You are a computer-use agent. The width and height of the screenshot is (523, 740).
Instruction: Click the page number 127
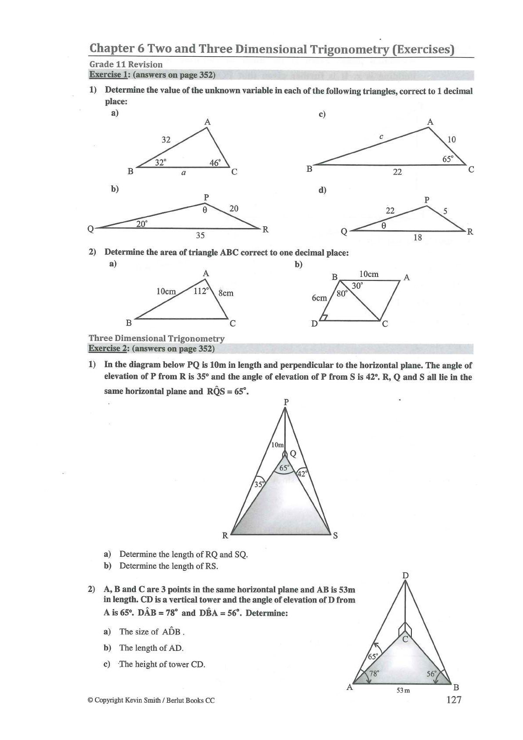(x=454, y=700)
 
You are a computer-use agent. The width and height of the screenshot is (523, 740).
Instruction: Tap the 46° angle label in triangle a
(x=215, y=163)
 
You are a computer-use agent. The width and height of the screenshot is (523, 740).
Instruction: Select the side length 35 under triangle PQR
(x=200, y=236)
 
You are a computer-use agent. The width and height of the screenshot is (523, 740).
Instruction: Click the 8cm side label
(x=226, y=293)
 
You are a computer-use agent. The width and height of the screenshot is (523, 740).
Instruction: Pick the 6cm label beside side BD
(x=319, y=298)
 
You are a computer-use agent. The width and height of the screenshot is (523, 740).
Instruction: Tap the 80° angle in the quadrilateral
(x=342, y=294)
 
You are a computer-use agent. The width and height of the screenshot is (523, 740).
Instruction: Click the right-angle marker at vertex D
(x=324, y=317)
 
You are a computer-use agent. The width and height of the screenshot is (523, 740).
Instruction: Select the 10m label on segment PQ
(x=277, y=445)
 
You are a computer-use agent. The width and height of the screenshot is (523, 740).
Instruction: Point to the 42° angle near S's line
(x=302, y=474)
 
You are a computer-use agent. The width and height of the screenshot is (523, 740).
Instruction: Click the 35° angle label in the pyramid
(x=259, y=484)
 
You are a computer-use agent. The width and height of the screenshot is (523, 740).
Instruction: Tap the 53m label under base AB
(x=403, y=690)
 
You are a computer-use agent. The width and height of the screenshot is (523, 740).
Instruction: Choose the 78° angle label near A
(x=374, y=673)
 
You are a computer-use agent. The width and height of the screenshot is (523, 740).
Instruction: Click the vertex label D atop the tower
(x=406, y=576)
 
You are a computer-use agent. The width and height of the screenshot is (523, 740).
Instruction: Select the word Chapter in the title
(x=111, y=48)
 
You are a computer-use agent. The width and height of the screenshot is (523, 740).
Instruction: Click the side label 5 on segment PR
(x=445, y=211)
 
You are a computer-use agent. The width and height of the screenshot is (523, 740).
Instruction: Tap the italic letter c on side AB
(x=381, y=137)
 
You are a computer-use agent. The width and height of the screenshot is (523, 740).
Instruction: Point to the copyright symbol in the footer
(x=91, y=700)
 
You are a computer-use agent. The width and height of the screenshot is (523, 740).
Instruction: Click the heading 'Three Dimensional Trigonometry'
(x=156, y=338)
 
